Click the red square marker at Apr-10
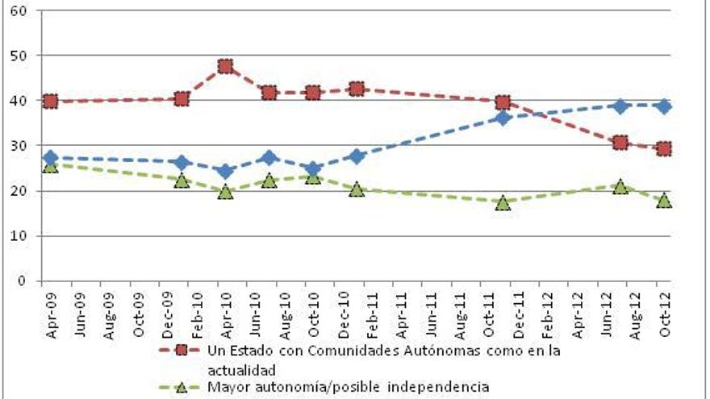coord(225,66)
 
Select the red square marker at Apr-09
coord(50,101)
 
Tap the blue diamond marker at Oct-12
coord(664,106)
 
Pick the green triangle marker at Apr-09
coord(50,165)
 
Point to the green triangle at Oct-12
coord(664,200)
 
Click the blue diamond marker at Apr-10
coord(225,171)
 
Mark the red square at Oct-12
coord(664,148)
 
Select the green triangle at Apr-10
coord(225,192)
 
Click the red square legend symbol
coord(182,351)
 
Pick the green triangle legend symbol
coord(182,387)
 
